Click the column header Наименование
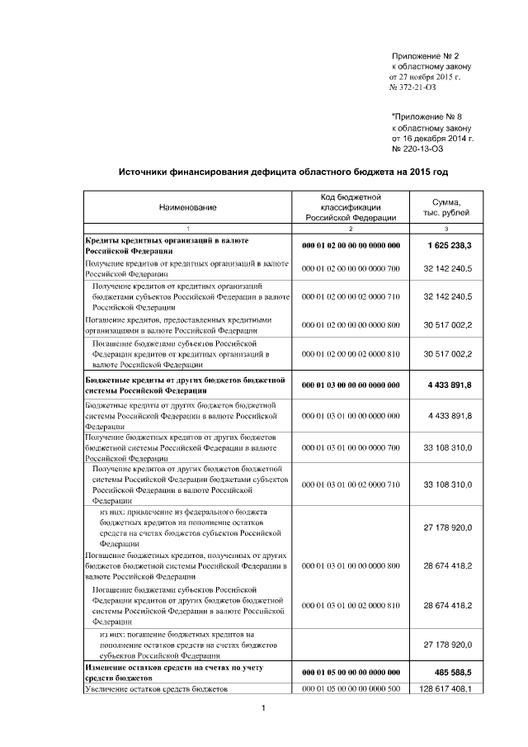click(x=187, y=209)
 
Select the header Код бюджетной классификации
click(x=351, y=207)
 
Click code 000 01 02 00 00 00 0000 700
click(x=351, y=269)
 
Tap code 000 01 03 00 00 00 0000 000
click(x=351, y=385)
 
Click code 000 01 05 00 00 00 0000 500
click(x=351, y=688)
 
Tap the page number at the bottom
click(x=262, y=708)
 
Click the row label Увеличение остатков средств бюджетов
click(x=156, y=688)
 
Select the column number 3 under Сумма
click(x=446, y=228)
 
